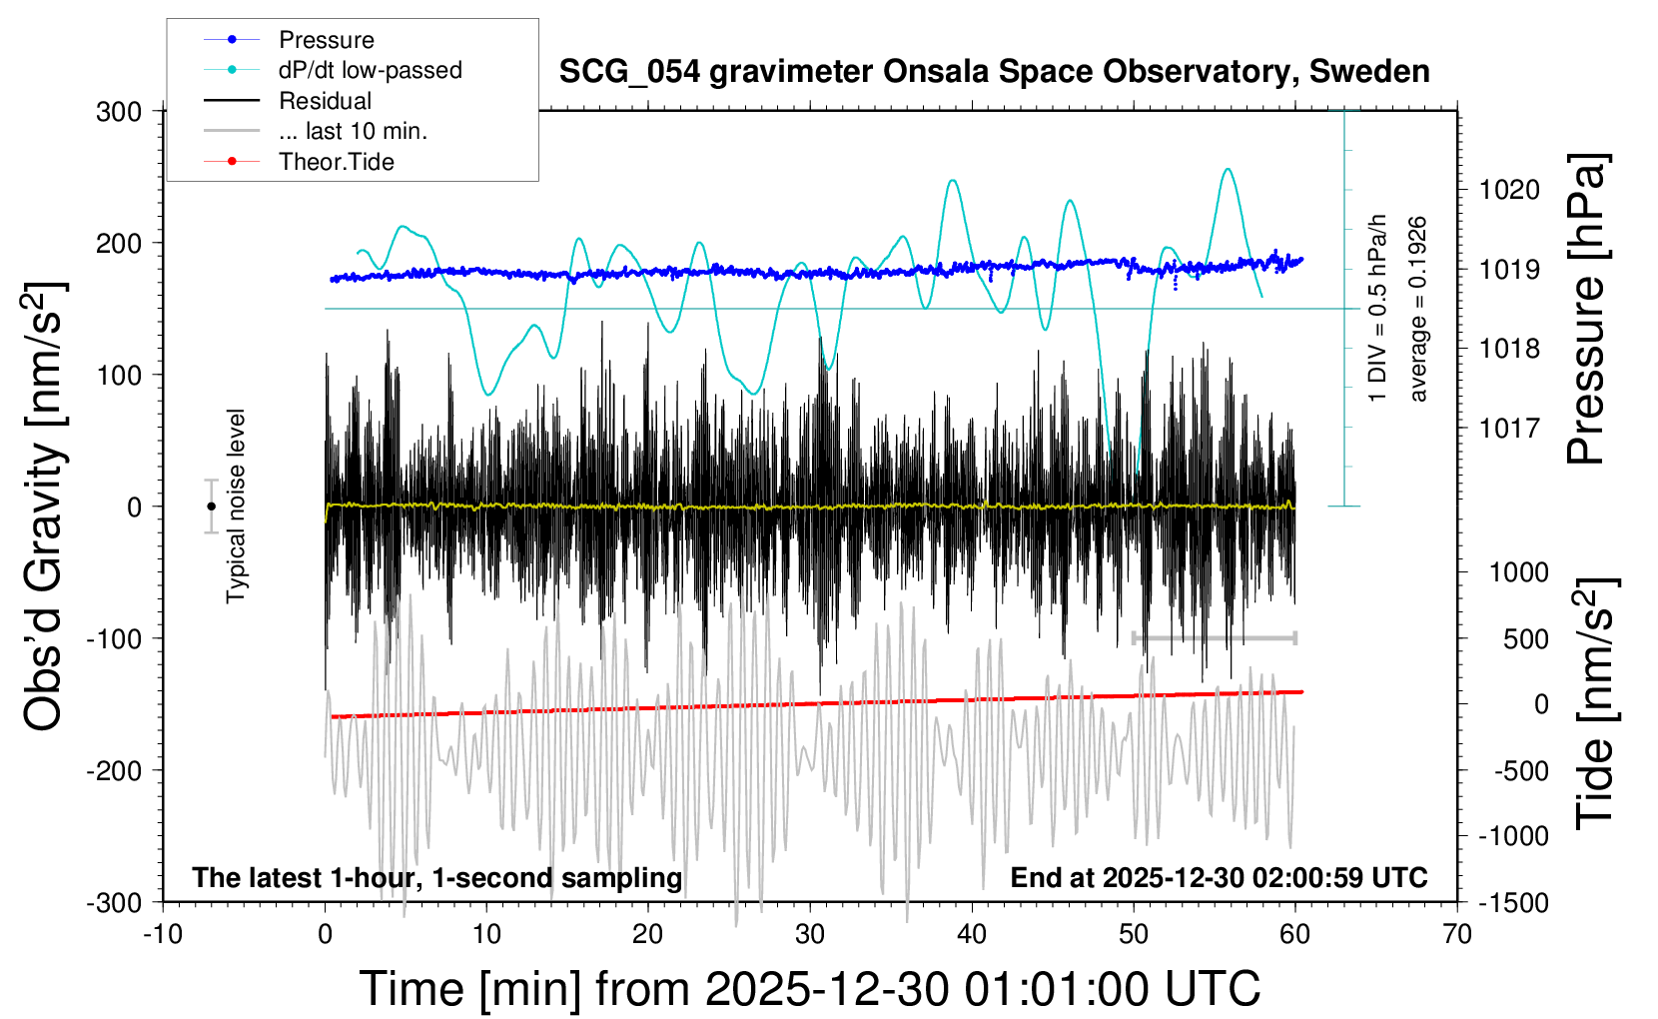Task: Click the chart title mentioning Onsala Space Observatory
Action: point(994,72)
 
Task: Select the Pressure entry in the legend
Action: point(326,40)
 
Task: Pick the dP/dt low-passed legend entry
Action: point(370,70)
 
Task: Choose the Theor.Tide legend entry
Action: point(336,162)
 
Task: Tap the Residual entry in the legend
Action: point(325,101)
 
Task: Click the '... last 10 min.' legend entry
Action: point(353,131)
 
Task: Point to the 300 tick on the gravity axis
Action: point(119,112)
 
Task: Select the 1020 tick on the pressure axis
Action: point(1509,190)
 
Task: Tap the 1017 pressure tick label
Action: point(1509,429)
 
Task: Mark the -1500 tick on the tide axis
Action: point(1513,903)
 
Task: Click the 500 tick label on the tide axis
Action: point(1525,639)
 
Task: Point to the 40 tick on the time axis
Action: point(972,935)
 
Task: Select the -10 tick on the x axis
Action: point(163,935)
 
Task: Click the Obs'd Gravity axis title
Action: point(44,507)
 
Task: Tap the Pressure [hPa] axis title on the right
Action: point(1586,310)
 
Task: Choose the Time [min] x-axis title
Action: point(809,989)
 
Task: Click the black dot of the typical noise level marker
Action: point(211,507)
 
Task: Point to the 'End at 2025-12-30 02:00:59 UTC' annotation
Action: point(1219,878)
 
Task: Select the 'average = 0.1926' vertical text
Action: point(1417,310)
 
